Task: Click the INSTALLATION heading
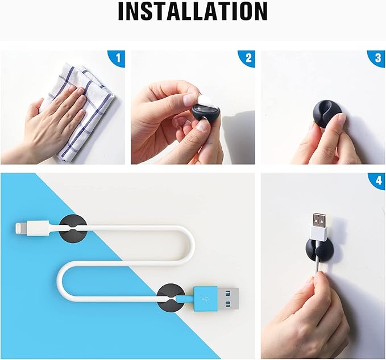(x=193, y=11)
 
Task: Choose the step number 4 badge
(x=379, y=181)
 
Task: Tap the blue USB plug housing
(x=205, y=299)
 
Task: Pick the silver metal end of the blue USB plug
(x=228, y=299)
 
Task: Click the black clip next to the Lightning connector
(x=73, y=228)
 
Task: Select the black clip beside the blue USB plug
(x=171, y=298)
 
